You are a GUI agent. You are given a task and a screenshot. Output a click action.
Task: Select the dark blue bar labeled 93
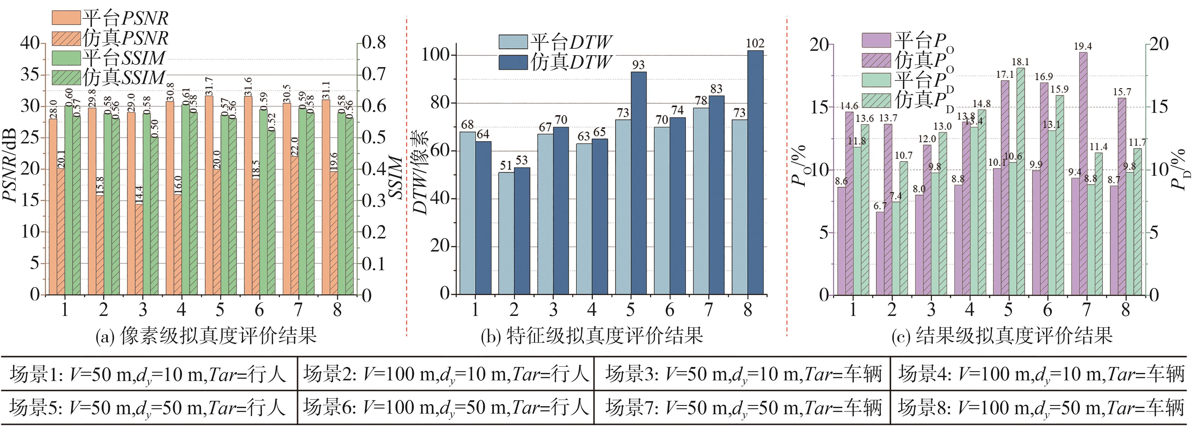[x=638, y=183]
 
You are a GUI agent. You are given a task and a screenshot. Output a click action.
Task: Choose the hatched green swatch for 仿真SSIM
[x=66, y=77]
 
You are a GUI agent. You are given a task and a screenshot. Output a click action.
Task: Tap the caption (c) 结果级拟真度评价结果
[x=1002, y=336]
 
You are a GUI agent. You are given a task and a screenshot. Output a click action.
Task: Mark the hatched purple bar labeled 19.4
[x=1082, y=173]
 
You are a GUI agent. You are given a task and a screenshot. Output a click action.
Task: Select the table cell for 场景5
[x=148, y=408]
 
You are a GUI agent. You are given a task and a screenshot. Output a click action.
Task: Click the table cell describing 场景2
[x=446, y=374]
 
